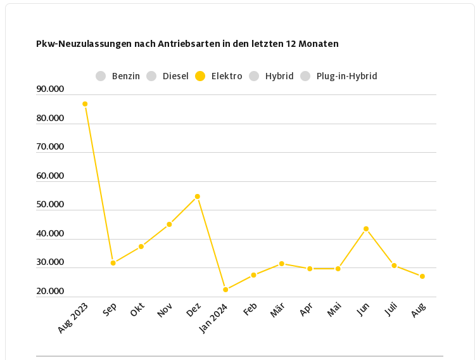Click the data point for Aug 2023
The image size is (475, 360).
click(85, 104)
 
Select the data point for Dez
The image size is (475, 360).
click(198, 196)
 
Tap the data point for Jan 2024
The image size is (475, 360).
click(225, 290)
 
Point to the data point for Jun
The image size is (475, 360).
click(366, 229)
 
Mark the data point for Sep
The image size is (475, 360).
click(113, 263)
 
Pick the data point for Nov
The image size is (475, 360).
click(169, 224)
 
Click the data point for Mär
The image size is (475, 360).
click(282, 264)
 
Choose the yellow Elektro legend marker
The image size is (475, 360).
click(200, 76)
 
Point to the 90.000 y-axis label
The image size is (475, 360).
click(51, 89)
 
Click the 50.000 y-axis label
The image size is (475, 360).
click(51, 205)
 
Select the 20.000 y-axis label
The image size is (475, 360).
click(51, 292)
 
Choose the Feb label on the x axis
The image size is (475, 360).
click(250, 310)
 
